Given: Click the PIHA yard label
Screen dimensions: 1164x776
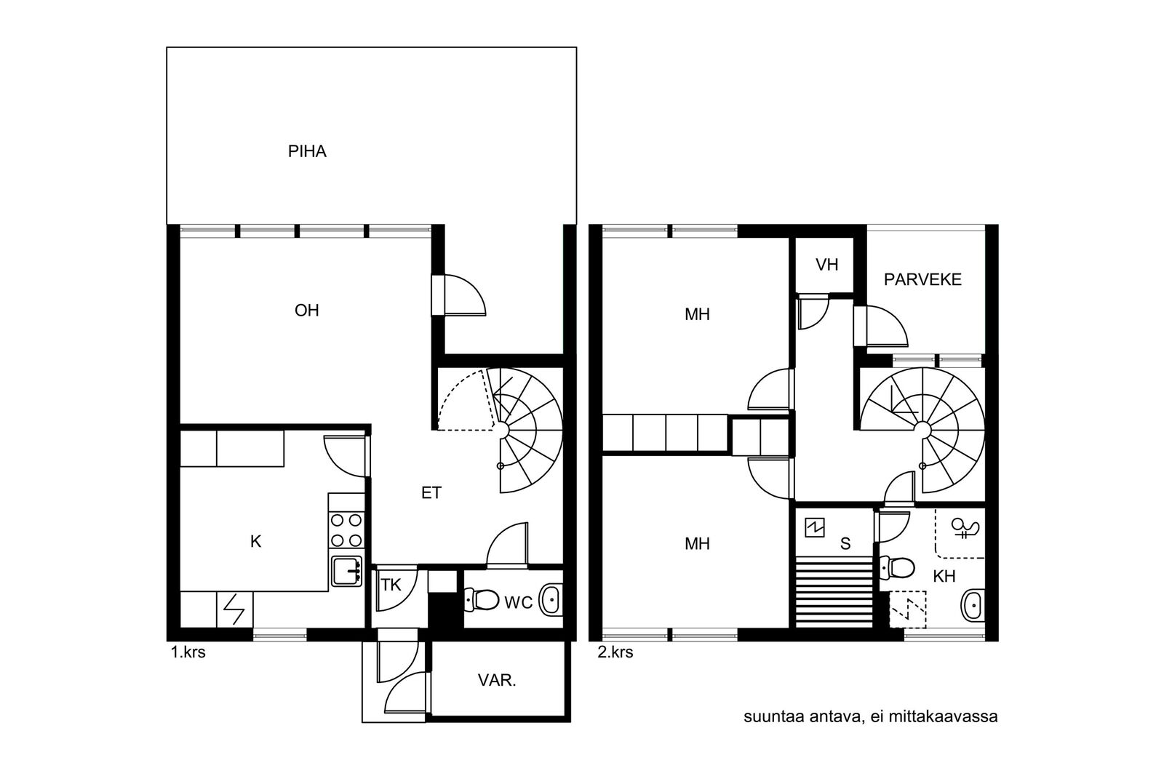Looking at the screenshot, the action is (x=307, y=151).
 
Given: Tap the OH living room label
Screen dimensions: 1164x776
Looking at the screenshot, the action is (x=306, y=311).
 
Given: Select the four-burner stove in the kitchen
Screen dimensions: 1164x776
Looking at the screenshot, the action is (x=346, y=529).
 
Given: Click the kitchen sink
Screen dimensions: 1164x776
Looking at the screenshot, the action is (x=346, y=572).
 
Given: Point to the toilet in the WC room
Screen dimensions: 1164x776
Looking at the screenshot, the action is (x=481, y=600).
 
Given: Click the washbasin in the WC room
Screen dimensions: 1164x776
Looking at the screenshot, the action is (x=550, y=601).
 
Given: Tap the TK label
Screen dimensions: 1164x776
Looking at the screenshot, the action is (x=391, y=585).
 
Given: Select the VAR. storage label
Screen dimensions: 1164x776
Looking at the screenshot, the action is (x=497, y=681).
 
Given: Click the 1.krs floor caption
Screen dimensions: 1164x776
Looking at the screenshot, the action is (x=188, y=652).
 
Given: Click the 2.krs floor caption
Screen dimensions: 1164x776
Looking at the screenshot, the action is (x=615, y=652).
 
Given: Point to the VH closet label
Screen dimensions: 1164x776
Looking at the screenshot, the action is (x=826, y=265).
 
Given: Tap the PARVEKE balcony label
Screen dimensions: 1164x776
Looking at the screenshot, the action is (x=922, y=279).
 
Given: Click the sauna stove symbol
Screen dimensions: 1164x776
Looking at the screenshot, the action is (x=815, y=528).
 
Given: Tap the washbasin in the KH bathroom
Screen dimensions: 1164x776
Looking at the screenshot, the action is (x=972, y=605).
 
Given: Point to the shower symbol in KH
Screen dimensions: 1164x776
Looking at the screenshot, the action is (x=965, y=528).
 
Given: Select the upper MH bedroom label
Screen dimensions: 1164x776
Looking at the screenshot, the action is (x=697, y=314).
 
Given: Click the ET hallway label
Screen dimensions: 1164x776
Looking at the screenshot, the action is (x=431, y=493).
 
